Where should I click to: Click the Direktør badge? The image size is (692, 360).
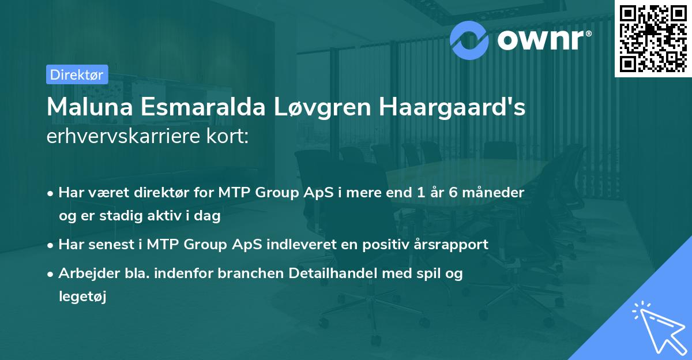[x=76, y=74]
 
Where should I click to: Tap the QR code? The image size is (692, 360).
[x=653, y=38]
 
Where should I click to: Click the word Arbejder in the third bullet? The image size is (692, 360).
[x=84, y=274]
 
